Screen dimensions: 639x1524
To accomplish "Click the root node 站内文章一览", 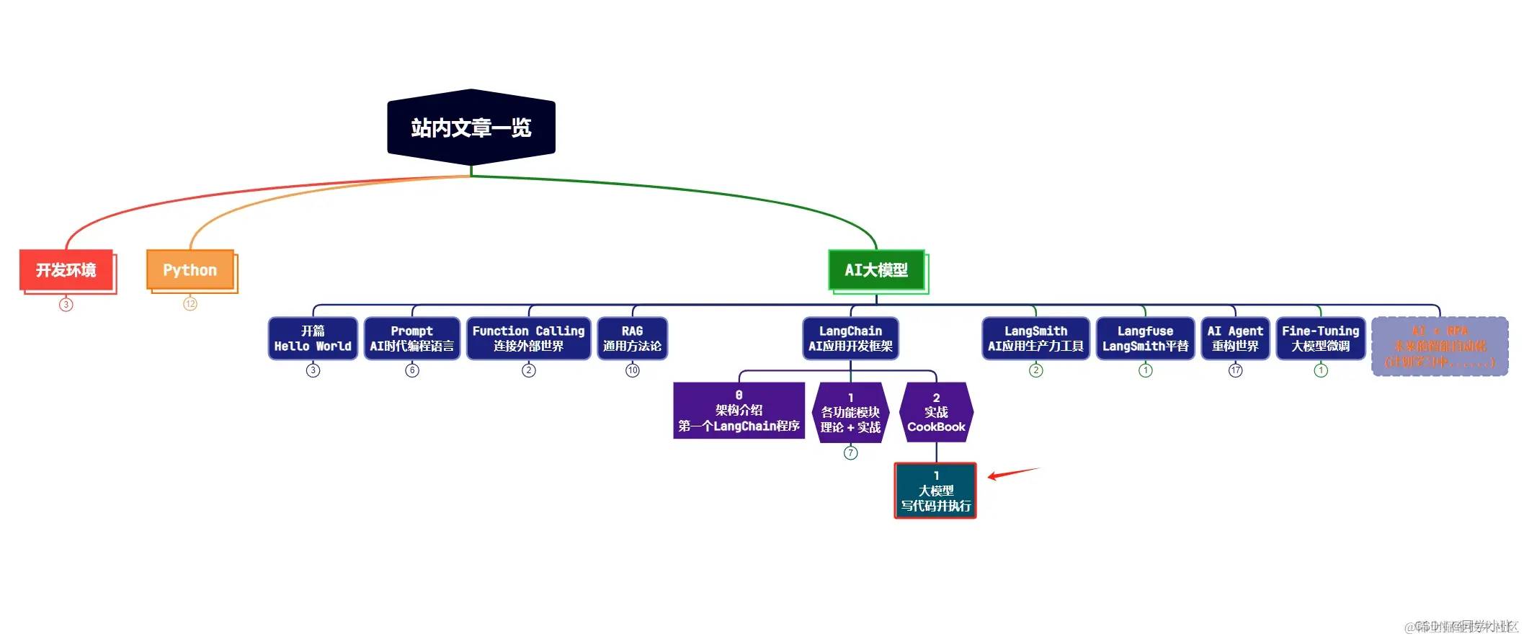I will pos(471,128).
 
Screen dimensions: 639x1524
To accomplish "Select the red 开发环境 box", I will pos(66,270).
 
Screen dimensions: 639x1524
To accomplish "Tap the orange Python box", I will pos(190,270).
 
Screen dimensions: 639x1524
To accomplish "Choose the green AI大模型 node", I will pos(876,270).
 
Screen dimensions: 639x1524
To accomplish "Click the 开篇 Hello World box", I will pos(313,339).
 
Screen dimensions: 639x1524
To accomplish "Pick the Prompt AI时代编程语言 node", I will pos(412,339).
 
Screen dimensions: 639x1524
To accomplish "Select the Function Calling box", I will pos(528,339).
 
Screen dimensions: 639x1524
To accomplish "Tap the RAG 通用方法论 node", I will pos(632,339).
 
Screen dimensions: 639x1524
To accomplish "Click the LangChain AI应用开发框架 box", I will pos(850,339).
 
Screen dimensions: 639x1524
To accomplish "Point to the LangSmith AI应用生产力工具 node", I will pos(1035,339).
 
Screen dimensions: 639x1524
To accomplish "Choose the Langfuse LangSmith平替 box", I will pos(1145,339).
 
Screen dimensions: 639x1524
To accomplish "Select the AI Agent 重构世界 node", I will pos(1235,339).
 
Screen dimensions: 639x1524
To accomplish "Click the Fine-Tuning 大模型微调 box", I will pos(1320,339).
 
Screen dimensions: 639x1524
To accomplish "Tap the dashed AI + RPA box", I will pos(1440,346).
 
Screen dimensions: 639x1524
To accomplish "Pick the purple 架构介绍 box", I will pos(739,411).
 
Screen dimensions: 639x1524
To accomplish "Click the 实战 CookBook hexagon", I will pos(936,412).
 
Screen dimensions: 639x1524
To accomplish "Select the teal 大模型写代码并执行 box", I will pos(935,491).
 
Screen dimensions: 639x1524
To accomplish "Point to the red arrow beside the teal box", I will pos(1012,473).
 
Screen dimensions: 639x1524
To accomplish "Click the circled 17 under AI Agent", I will pos(1236,370).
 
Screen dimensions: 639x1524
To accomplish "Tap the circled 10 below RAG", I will pos(633,370).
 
